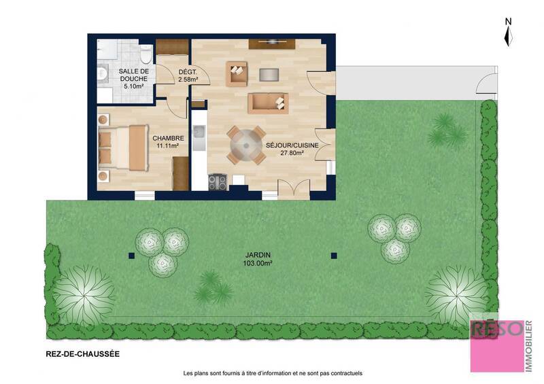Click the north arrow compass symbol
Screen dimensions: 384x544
[508, 32]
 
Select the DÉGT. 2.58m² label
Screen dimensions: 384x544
[188, 75]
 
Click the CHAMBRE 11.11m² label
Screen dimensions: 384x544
[167, 141]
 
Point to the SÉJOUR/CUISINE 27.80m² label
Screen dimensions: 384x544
[291, 149]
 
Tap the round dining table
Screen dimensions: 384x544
[246, 144]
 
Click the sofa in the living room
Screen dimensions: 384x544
[267, 103]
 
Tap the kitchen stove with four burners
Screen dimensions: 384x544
[218, 181]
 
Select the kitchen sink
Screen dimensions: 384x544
[199, 140]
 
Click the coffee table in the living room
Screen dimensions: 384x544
[269, 74]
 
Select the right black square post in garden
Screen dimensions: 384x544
[334, 256]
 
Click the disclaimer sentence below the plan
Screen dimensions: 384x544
[273, 373]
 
